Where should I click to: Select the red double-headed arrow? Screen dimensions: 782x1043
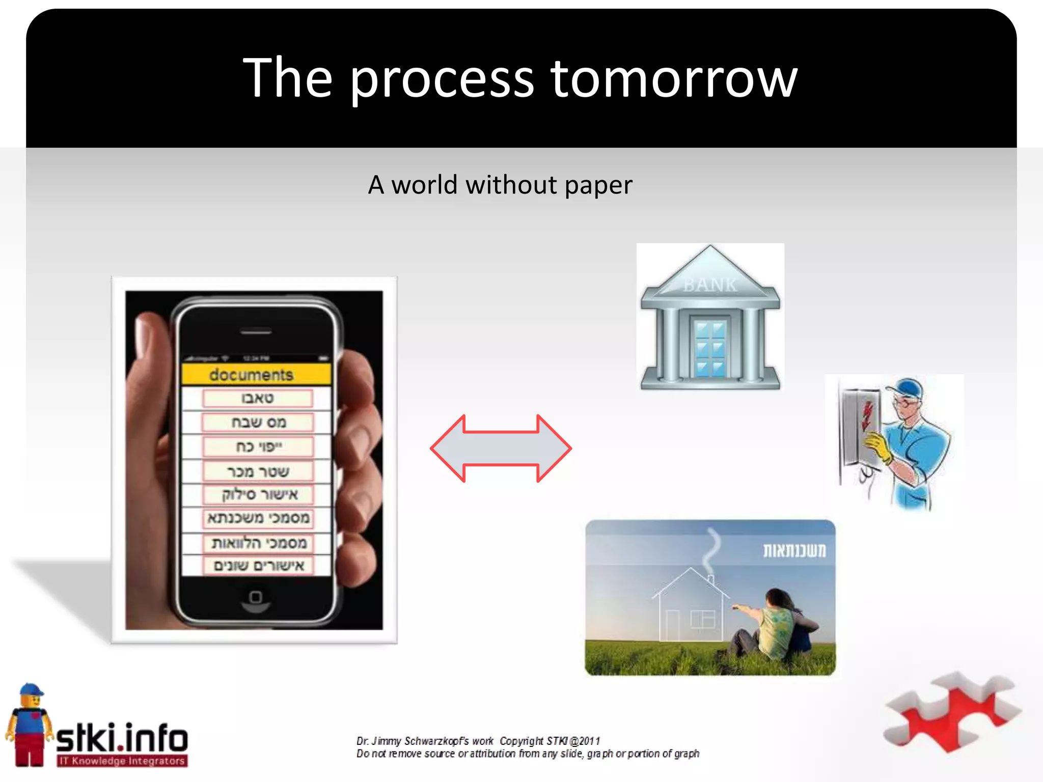pyautogui.click(x=501, y=448)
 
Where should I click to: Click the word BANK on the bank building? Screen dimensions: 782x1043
pyautogui.click(x=710, y=285)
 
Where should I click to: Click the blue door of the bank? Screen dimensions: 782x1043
pyautogui.click(x=710, y=348)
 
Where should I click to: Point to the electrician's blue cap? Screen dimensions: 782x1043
pyautogui.click(x=907, y=389)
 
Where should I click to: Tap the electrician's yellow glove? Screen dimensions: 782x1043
pyautogui.click(x=879, y=445)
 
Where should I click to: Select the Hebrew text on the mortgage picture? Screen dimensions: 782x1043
pyautogui.click(x=794, y=550)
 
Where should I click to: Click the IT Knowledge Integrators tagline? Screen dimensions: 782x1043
pyautogui.click(x=122, y=761)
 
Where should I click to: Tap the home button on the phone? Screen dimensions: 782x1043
pyautogui.click(x=256, y=597)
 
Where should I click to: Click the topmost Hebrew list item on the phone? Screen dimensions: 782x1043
pyautogui.click(x=257, y=398)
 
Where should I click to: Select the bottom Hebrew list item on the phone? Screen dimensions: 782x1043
pyautogui.click(x=259, y=566)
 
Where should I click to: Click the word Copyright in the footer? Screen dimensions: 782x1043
pyautogui.click(x=521, y=741)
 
